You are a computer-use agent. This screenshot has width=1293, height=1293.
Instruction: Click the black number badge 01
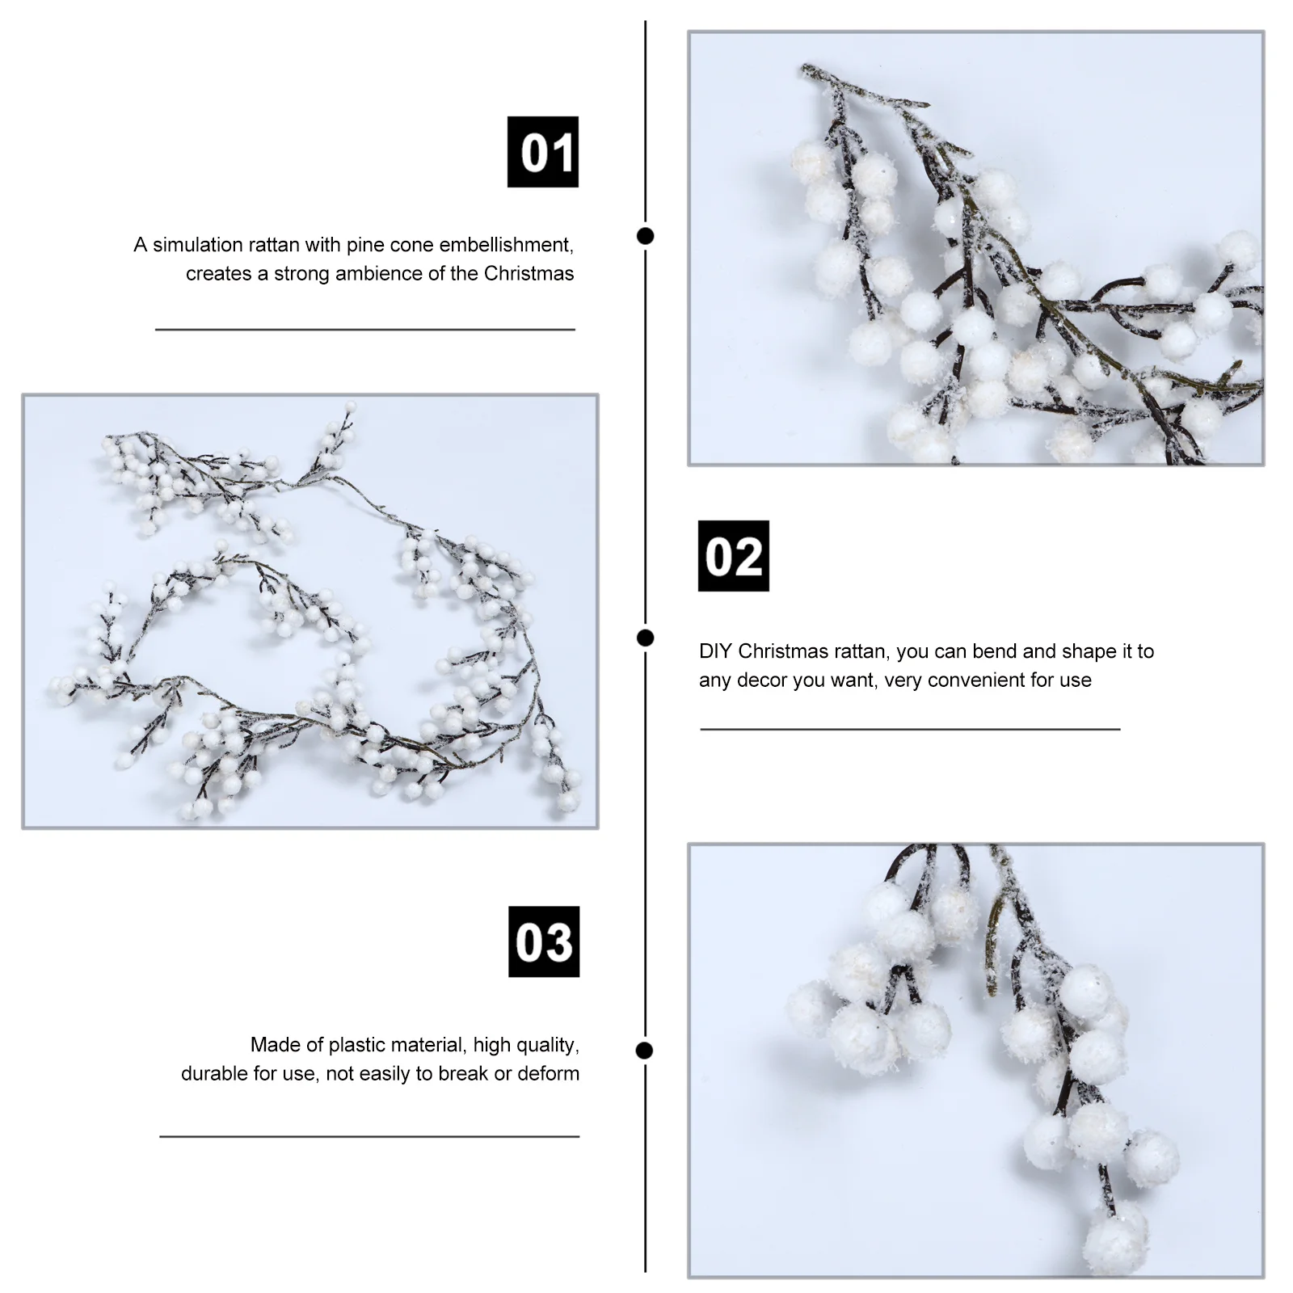(542, 152)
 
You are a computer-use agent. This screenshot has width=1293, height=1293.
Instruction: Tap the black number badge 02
(733, 556)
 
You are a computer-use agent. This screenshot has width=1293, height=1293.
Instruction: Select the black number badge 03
(543, 941)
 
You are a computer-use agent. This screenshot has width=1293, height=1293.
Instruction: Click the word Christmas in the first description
(529, 273)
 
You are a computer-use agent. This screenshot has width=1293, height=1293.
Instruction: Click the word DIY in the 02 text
(715, 651)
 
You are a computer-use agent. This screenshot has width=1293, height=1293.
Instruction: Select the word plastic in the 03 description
(356, 1045)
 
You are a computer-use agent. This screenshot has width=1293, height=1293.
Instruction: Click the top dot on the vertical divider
(645, 236)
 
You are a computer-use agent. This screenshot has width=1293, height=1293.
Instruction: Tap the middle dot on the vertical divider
(645, 638)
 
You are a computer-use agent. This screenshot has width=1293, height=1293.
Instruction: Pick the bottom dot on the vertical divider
(644, 1051)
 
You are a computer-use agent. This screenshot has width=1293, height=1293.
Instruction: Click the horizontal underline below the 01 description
(364, 330)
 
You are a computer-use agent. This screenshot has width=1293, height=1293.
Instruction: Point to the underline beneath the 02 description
(909, 729)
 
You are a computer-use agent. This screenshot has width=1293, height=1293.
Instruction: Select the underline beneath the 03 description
(369, 1136)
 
